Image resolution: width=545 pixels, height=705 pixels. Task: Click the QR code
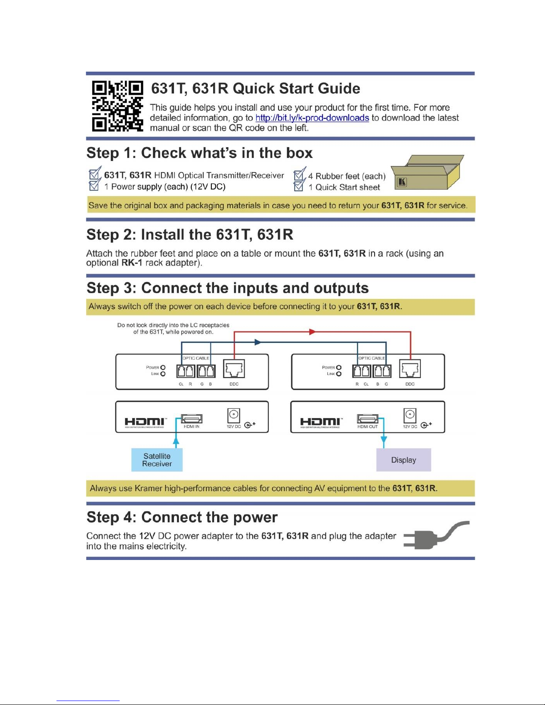pyautogui.click(x=117, y=106)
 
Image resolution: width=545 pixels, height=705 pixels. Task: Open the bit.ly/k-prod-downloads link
pyautogui.click(x=312, y=118)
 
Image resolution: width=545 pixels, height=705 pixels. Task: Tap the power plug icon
pyautogui.click(x=436, y=535)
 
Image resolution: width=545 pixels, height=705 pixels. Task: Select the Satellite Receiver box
pyautogui.click(x=157, y=460)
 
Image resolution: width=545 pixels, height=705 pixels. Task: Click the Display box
pyautogui.click(x=404, y=460)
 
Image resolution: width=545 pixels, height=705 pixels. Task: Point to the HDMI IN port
pyautogui.click(x=192, y=419)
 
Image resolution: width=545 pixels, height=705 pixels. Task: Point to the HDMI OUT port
pyautogui.click(x=367, y=419)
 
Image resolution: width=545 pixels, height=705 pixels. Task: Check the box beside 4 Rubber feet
pyautogui.click(x=299, y=175)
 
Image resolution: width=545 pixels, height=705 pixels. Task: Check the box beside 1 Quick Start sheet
pyautogui.click(x=299, y=186)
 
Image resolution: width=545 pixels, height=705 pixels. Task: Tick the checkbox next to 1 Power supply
pyautogui.click(x=94, y=185)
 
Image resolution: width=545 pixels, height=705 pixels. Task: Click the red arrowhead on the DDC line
pyautogui.click(x=312, y=332)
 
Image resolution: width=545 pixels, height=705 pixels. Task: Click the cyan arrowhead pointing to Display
pyautogui.click(x=384, y=440)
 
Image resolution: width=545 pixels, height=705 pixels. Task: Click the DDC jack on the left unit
pyautogui.click(x=234, y=369)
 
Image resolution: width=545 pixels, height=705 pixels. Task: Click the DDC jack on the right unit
pyautogui.click(x=410, y=369)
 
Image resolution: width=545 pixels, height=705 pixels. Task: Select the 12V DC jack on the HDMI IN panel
pyautogui.click(x=234, y=415)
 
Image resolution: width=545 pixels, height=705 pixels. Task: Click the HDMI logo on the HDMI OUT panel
pyautogui.click(x=320, y=422)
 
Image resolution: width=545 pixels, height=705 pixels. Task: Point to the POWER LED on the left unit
pyautogui.click(x=163, y=367)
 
